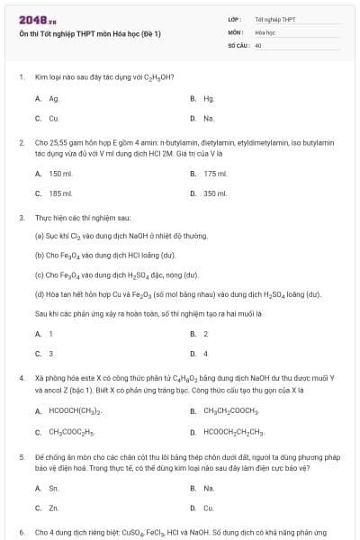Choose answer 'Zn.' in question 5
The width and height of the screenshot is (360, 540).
54,508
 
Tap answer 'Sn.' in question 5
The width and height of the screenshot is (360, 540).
54,489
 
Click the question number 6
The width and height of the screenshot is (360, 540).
21,533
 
